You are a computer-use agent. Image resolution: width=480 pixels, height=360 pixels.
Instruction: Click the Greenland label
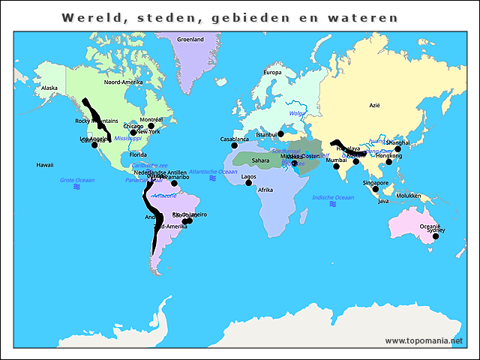tap(190, 39)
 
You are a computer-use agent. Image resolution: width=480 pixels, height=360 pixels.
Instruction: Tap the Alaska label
tap(49, 88)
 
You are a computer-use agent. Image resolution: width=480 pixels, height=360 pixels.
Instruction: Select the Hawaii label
tap(44, 164)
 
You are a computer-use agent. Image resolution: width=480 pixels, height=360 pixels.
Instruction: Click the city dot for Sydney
tap(436, 236)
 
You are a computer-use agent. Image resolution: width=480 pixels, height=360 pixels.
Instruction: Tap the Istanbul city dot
tap(281, 136)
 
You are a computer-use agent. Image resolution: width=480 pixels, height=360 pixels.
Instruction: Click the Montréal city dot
tap(151, 126)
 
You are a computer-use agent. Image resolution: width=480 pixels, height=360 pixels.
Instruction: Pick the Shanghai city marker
tap(398, 148)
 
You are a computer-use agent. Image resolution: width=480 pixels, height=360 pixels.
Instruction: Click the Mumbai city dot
tap(337, 166)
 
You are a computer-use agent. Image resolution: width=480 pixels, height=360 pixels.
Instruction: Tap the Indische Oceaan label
tap(332, 197)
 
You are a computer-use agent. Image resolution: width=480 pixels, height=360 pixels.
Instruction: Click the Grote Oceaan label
tap(77, 180)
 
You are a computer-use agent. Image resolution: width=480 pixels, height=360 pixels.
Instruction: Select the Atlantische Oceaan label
tap(213, 171)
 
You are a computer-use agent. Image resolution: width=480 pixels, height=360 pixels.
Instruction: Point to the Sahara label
tap(260, 160)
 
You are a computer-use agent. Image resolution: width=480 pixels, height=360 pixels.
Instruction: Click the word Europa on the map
tap(272, 73)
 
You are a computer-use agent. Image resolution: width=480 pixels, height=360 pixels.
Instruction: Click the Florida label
tap(137, 154)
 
